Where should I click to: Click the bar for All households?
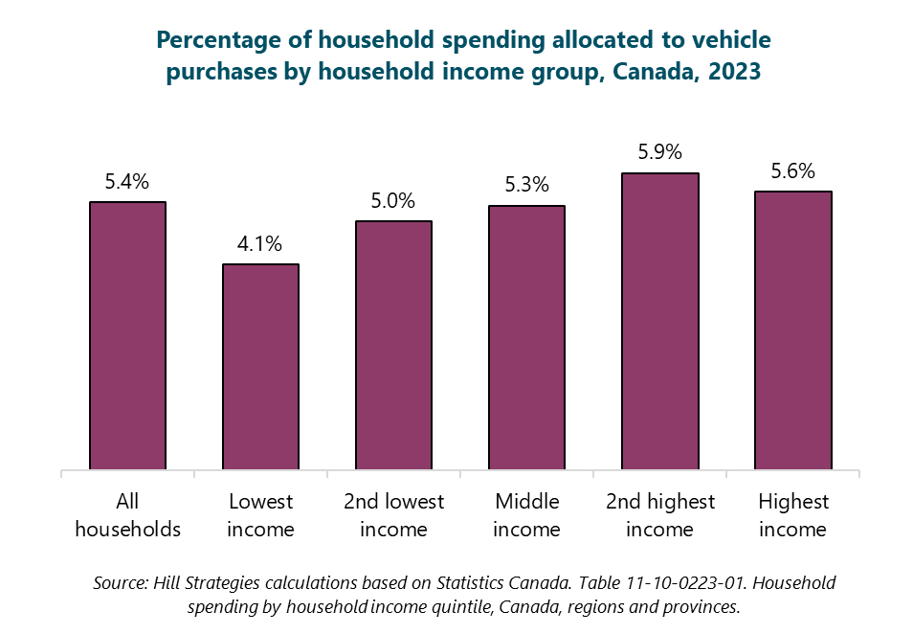click(127, 336)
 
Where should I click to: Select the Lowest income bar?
click(260, 367)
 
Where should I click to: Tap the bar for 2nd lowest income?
click(393, 346)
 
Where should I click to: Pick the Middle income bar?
click(526, 338)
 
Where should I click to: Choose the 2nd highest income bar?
click(659, 322)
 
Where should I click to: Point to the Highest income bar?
click(792, 330)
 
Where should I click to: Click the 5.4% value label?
click(127, 182)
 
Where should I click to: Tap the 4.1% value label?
click(260, 244)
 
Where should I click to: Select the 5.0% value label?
click(393, 201)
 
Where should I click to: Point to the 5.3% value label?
click(526, 186)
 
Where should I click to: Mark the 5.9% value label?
click(659, 152)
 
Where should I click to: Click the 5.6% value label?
click(792, 171)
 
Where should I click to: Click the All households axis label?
click(127, 515)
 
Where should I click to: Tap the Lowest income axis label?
click(260, 515)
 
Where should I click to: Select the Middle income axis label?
click(526, 515)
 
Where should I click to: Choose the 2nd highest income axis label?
click(659, 515)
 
